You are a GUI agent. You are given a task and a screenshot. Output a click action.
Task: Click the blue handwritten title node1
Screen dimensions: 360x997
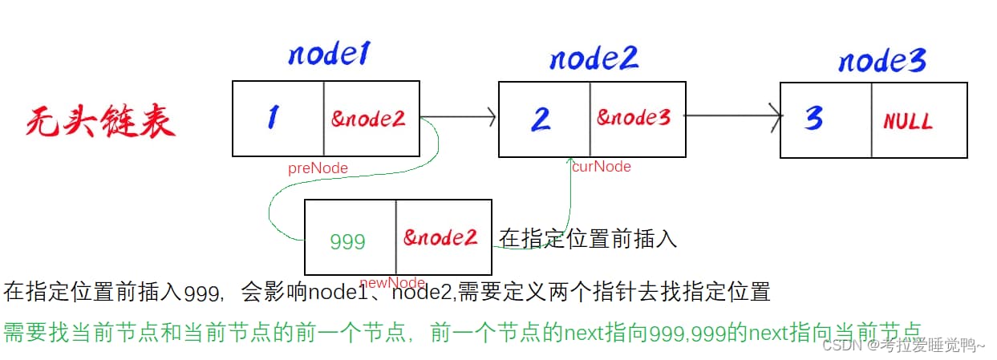[328, 55]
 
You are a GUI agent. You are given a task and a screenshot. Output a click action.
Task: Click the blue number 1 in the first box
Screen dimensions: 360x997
[273, 118]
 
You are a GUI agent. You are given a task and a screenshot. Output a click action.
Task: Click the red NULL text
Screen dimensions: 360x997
[908, 122]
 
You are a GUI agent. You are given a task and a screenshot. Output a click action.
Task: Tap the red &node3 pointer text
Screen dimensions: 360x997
[634, 119]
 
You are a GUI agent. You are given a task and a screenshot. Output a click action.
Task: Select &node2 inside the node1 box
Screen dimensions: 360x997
[368, 119]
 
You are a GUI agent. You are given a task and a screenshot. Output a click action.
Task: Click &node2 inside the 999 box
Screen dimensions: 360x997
[440, 238]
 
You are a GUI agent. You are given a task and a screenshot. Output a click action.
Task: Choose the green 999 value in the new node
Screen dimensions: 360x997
[347, 241]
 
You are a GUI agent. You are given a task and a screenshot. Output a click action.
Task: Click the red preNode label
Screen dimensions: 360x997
[318, 169]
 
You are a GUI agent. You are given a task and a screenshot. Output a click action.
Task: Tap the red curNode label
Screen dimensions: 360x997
[602, 167]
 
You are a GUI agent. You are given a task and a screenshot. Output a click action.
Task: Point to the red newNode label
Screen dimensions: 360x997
[392, 282]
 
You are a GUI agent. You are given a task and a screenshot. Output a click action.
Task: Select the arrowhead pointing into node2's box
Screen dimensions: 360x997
[491, 118]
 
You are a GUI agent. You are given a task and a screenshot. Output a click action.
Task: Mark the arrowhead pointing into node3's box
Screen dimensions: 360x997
[775, 115]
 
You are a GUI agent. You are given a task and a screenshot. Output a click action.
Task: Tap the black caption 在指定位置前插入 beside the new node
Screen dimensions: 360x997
[588, 238]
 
